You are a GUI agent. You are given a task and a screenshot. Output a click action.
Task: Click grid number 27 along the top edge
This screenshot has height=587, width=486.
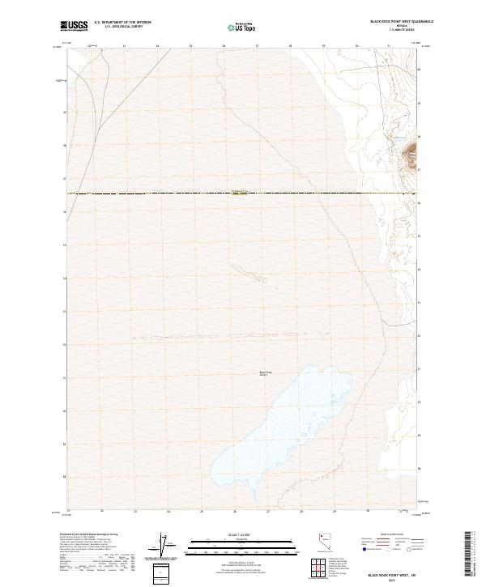tap(257, 46)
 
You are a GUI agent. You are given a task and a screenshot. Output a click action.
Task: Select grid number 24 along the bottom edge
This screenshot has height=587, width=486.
tap(168, 512)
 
